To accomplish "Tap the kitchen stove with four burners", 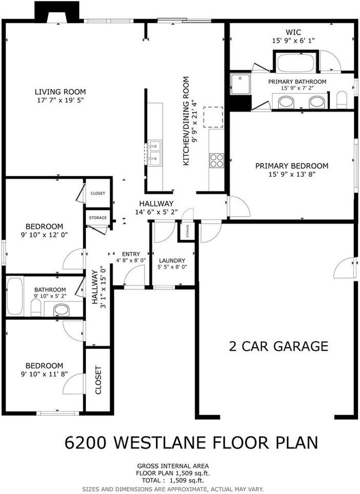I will (217, 160).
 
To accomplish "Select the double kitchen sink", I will (154, 153).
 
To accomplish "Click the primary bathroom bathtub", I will (296, 63).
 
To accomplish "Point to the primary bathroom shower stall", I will (240, 84).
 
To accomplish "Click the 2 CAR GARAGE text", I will (278, 346).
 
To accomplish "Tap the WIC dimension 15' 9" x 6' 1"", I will (292, 41).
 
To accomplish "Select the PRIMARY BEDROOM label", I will (292, 166).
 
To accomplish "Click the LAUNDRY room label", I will (172, 260).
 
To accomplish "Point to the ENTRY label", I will (131, 254).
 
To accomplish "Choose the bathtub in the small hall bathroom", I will (14, 296).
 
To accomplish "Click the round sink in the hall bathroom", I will (62, 310).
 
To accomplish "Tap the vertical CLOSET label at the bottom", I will (98, 380).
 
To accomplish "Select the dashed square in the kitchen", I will (213, 117).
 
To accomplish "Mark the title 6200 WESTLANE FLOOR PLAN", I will (191, 443).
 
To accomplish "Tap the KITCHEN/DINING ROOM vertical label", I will (186, 121).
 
